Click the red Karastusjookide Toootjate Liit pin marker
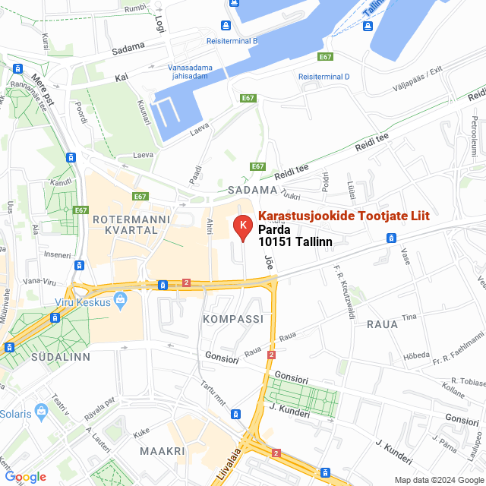(x=241, y=226)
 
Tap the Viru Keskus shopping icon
(x=120, y=301)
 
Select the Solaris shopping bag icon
(x=41, y=412)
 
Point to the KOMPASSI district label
(x=233, y=320)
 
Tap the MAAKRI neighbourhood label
(x=163, y=451)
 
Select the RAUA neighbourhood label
(x=382, y=324)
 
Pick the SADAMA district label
(x=252, y=190)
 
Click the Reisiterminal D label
(x=323, y=77)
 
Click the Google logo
(x=25, y=477)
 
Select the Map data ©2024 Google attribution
(x=438, y=479)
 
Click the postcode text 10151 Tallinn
(x=295, y=241)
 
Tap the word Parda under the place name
(x=274, y=229)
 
